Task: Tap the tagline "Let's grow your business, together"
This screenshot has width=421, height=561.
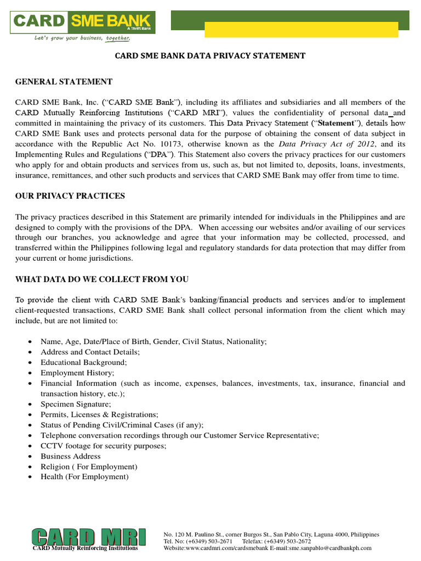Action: pyautogui.click(x=83, y=38)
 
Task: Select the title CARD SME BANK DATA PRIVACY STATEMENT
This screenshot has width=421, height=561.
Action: pyautogui.click(x=210, y=56)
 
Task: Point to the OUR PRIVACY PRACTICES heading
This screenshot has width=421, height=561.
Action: pyautogui.click(x=70, y=196)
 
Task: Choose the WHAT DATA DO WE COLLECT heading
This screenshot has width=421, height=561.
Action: pyautogui.click(x=102, y=279)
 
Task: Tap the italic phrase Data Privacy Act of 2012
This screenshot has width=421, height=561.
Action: pyautogui.click(x=327, y=144)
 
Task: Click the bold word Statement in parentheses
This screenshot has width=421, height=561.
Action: pyautogui.click(x=335, y=123)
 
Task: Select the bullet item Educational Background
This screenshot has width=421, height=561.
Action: pyautogui.click(x=83, y=362)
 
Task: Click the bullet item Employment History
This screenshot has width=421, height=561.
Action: pyautogui.click(x=77, y=373)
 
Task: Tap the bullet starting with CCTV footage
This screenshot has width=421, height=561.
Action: pyautogui.click(x=103, y=445)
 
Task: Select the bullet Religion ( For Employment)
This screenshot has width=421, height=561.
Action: pyautogui.click(x=89, y=466)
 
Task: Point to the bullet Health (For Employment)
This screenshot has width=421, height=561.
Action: pyautogui.click(x=84, y=477)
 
